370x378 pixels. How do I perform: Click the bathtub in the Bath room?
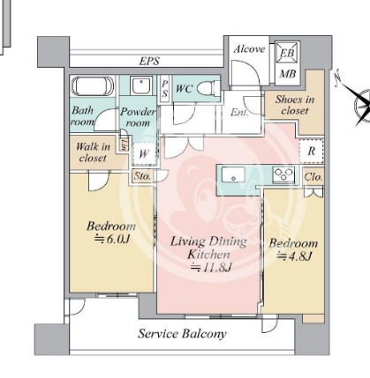point(93,86)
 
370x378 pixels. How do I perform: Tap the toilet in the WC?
point(208,88)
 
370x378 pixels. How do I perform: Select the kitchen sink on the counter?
point(233,175)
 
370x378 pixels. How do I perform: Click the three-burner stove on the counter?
point(284,174)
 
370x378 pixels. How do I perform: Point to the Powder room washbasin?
point(141,85)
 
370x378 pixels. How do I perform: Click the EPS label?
point(149,61)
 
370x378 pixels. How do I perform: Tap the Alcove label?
point(249,48)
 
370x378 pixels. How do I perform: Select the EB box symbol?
point(287,53)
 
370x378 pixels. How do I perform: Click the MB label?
point(288,74)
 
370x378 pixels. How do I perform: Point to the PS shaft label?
point(165,89)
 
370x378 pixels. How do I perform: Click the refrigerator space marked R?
point(312,152)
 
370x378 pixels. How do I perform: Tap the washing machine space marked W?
point(144,153)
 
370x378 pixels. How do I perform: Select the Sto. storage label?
point(142,176)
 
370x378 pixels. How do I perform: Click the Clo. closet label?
point(313,177)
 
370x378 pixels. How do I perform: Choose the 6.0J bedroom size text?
point(112,239)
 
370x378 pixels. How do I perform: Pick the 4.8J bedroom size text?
point(294,256)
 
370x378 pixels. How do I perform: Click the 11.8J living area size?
point(211,267)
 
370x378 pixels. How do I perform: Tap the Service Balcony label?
point(182,334)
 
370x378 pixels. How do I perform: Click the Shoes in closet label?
point(295,105)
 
